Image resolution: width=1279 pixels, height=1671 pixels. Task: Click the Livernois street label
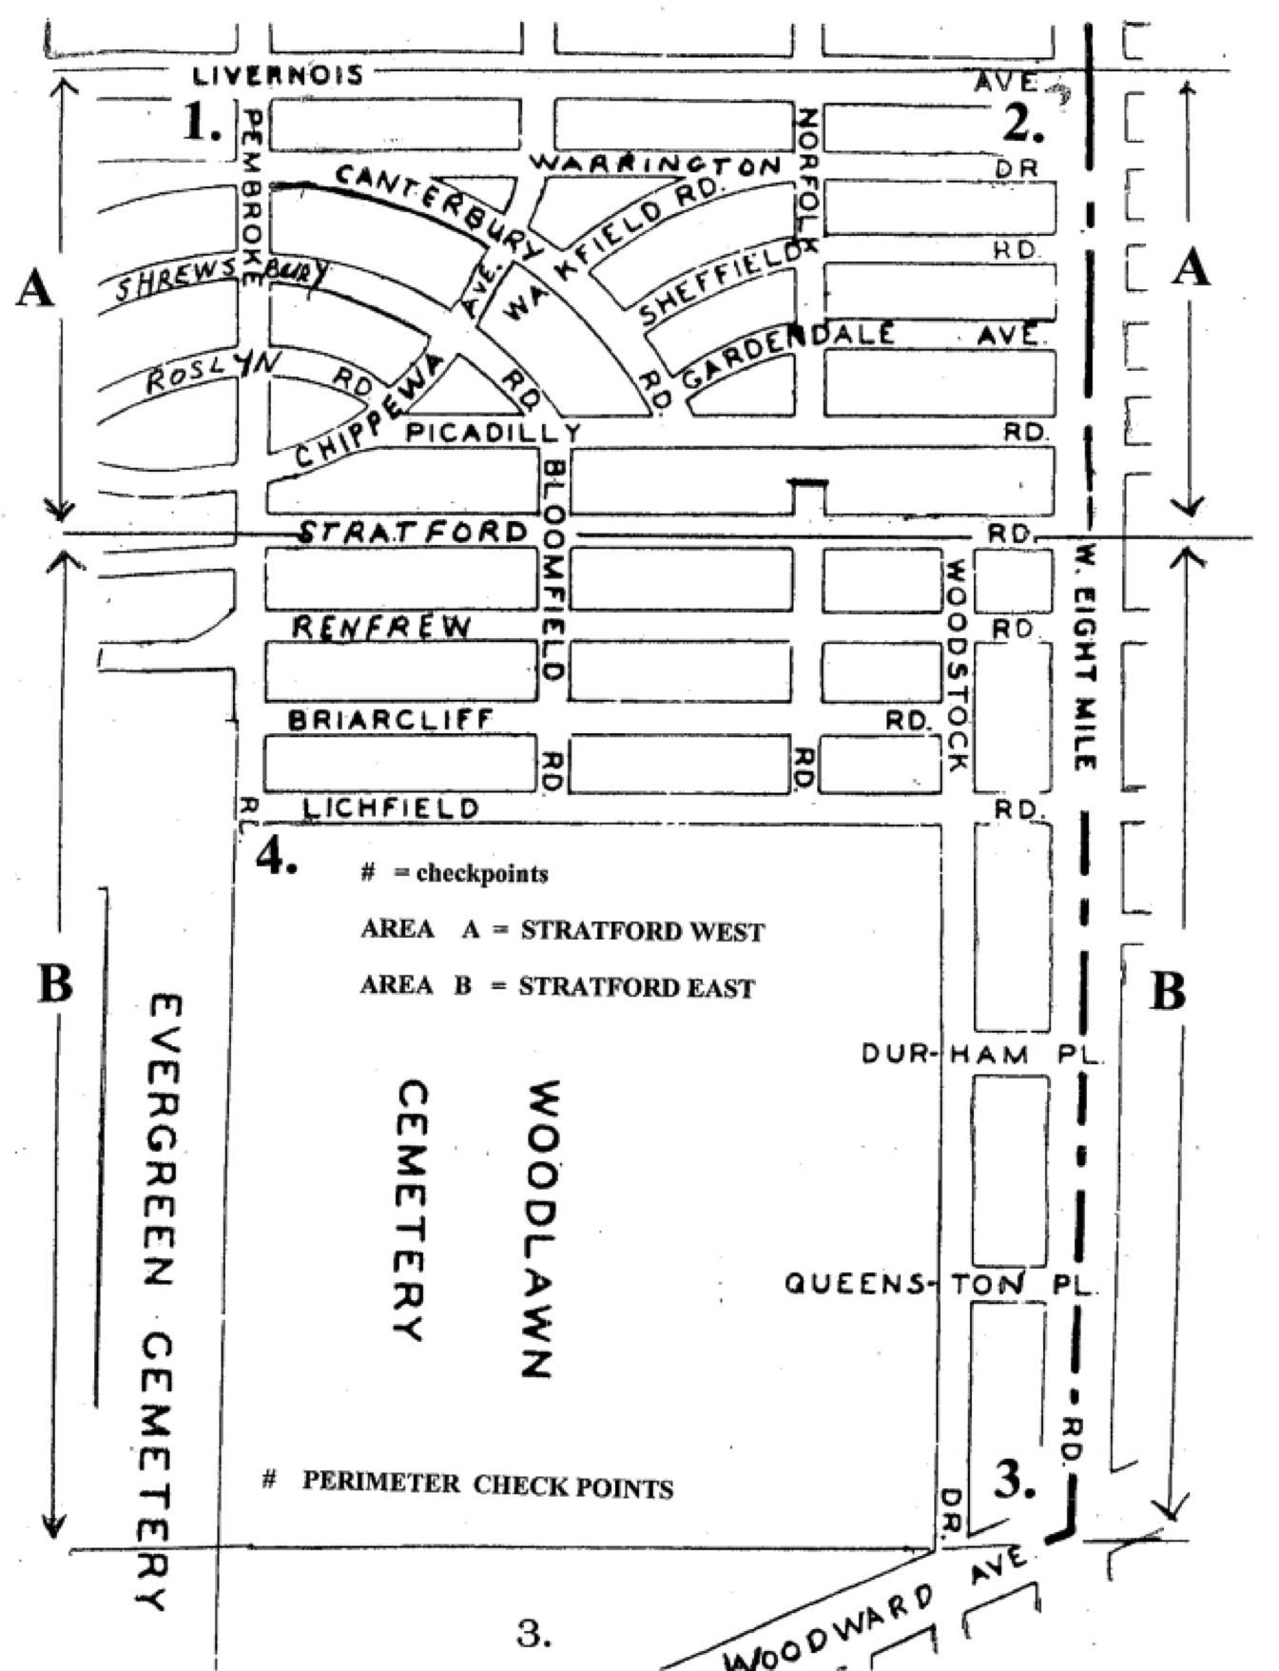277,75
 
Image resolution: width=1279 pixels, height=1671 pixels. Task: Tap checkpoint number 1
201,122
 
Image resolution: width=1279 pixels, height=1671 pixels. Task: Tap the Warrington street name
656,165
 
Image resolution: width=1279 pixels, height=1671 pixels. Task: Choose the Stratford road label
413,532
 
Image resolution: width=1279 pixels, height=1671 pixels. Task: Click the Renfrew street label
381,628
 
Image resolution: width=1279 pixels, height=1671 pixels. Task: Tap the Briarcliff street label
391,720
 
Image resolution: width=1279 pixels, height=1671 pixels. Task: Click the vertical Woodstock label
957,665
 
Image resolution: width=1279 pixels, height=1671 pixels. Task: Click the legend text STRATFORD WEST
642,931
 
